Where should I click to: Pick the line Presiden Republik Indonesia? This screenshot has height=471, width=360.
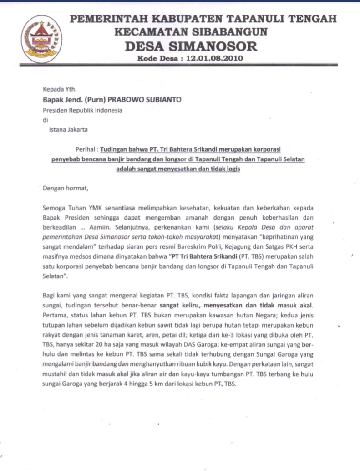(82, 110)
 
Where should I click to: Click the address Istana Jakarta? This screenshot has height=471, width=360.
(69, 129)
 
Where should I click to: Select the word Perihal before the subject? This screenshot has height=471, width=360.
(85, 148)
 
